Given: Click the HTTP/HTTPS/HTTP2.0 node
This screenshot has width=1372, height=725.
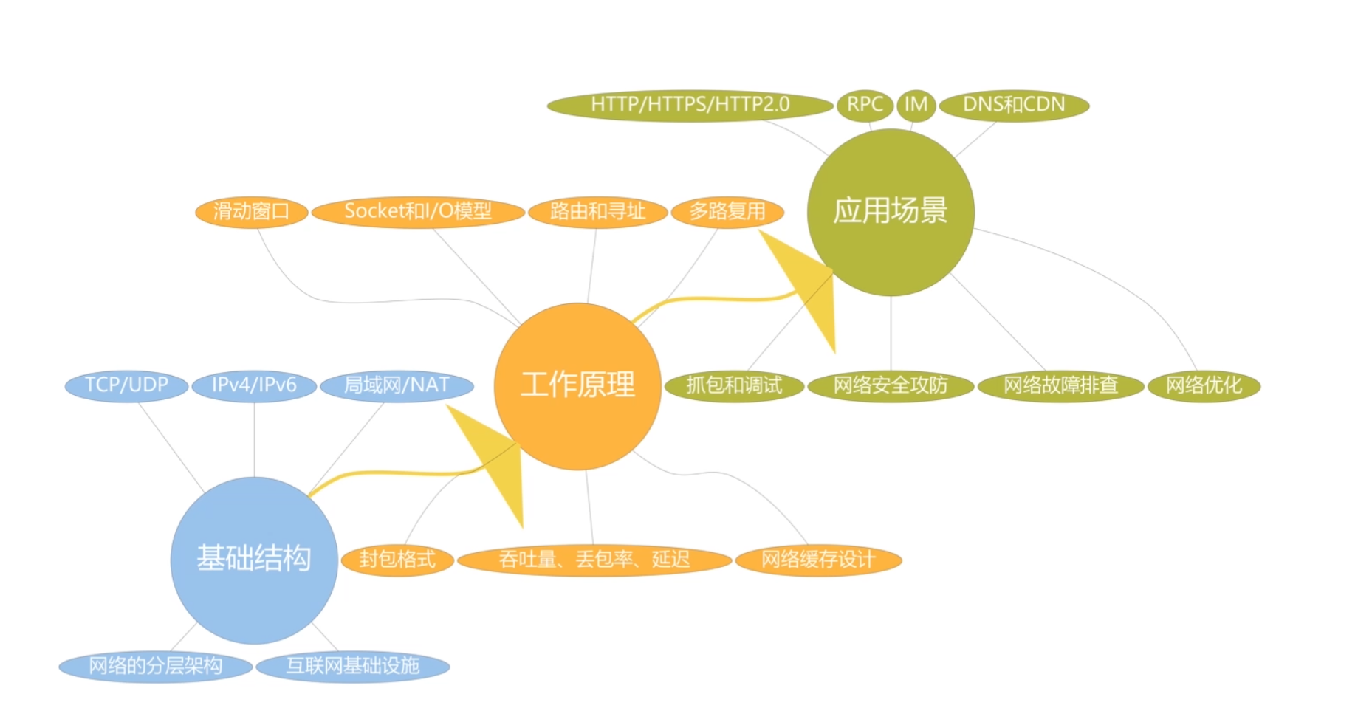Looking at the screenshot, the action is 690,106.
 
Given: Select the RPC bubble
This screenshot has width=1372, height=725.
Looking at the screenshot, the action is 864,105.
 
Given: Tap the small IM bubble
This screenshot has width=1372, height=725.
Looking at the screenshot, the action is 916,105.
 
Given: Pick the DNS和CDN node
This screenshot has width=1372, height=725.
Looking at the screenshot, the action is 1014,105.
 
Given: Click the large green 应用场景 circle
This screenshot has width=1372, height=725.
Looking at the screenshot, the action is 891,212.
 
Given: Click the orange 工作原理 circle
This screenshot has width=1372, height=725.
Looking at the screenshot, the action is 577,386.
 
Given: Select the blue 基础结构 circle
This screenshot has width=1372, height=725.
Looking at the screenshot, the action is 253,560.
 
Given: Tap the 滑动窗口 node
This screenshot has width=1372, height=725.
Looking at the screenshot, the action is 251,212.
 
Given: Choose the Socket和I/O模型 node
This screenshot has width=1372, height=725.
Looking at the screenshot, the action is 418,212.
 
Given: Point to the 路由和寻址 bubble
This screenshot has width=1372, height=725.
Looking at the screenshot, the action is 597,212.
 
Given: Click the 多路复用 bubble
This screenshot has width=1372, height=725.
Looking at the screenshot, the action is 727,212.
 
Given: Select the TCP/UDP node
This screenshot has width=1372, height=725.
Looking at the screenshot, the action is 126,385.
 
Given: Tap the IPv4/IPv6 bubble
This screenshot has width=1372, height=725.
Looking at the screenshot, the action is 254,385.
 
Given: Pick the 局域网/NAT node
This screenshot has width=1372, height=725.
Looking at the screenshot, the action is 397,385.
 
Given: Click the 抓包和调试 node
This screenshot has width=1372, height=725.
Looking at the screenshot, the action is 734,385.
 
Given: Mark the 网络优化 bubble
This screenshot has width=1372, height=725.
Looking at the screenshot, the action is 1204,385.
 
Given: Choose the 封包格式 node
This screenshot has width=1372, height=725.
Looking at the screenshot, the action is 397,560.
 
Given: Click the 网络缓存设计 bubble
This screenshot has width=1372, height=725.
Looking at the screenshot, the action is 818,560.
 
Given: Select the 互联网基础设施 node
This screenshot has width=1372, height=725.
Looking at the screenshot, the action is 353,667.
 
